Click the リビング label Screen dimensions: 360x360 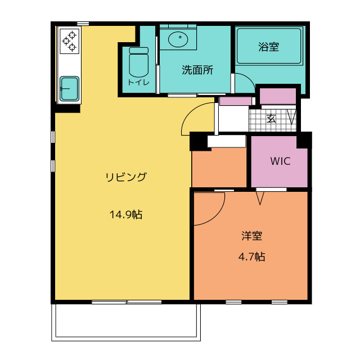[126, 177]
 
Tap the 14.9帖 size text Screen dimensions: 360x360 [125, 214]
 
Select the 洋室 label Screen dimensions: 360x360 [251, 236]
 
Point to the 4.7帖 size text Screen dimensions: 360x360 [251, 257]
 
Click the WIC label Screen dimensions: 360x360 [280, 161]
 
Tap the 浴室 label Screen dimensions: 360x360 [268, 47]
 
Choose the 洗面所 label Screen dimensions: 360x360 [197, 70]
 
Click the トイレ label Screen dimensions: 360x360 [138, 83]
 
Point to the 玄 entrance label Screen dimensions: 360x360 [271, 118]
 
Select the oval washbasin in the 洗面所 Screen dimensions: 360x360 [178, 39]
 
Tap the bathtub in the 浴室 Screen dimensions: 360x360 [269, 47]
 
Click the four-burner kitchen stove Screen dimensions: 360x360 [70, 41]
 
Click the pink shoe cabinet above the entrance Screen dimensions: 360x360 [278, 96]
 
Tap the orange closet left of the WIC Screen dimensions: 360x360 [219, 168]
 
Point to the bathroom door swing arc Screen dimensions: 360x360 [245, 83]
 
